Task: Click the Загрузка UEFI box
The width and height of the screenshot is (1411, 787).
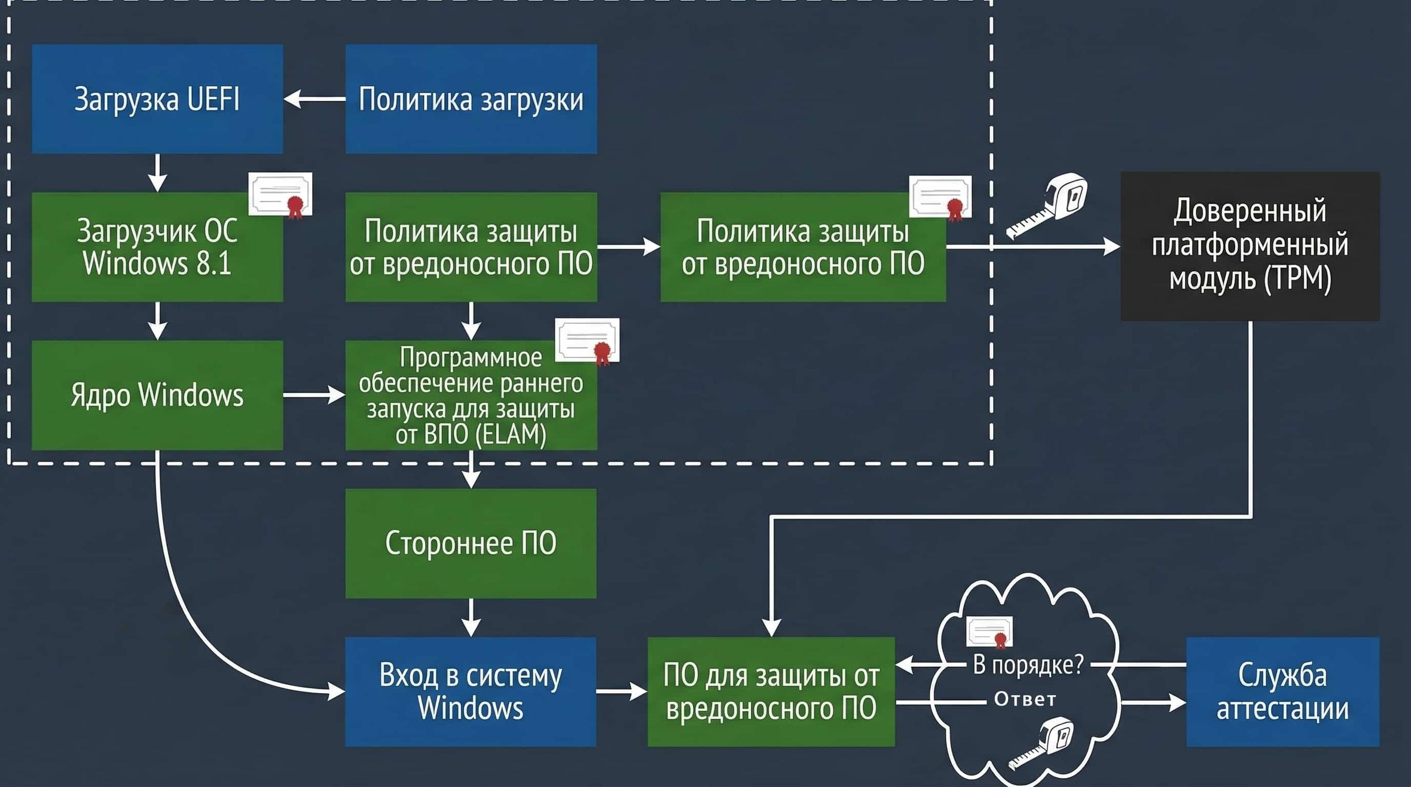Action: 157,99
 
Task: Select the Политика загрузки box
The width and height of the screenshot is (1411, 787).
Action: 471,99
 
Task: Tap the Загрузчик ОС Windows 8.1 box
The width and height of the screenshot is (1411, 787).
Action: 157,247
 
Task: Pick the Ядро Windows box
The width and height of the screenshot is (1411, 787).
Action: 157,395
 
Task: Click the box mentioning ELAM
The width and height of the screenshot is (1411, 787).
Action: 471,395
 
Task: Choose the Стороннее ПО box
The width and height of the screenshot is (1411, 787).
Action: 471,543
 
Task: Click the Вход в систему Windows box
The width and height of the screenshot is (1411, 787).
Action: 471,691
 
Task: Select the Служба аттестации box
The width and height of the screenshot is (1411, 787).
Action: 1282,691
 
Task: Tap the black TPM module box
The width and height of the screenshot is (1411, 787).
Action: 1250,246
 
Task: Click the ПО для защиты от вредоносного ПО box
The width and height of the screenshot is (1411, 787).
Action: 771,691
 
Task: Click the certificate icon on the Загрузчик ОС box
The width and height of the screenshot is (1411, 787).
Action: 280,195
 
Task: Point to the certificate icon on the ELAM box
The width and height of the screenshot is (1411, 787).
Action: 587,341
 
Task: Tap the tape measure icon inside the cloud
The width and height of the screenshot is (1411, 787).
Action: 1043,743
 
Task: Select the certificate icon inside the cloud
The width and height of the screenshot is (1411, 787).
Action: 990,632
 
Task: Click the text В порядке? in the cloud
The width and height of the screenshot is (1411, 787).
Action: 1028,664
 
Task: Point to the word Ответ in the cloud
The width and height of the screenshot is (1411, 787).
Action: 1025,699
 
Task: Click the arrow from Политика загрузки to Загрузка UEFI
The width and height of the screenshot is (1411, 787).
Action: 314,99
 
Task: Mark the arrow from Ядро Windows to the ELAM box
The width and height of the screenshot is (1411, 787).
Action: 314,395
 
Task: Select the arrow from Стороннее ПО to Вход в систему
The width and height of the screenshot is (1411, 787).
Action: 471,618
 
